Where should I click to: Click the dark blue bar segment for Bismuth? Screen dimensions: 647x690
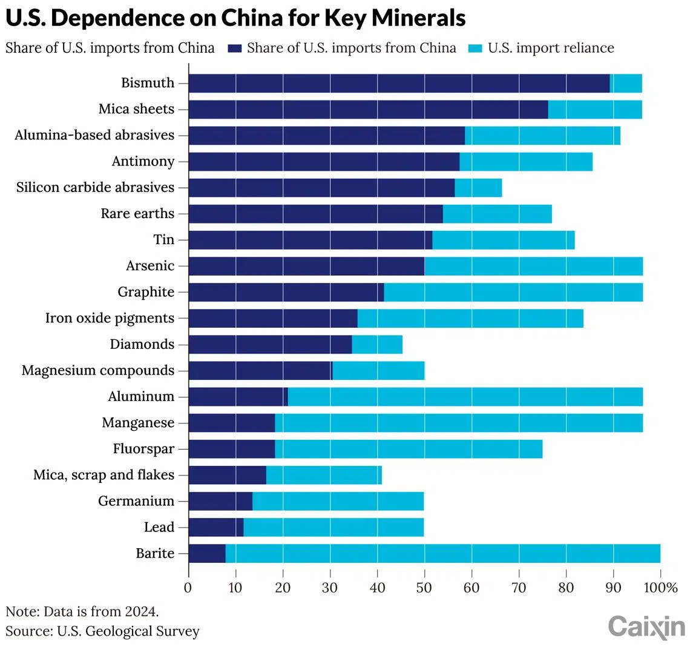click(399, 83)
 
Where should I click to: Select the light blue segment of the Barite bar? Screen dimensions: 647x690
click(442, 554)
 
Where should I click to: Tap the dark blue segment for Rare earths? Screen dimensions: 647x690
click(315, 214)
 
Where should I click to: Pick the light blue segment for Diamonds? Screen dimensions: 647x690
click(377, 345)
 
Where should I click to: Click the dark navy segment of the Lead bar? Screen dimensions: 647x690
click(216, 528)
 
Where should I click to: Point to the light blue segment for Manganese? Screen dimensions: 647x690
click(459, 423)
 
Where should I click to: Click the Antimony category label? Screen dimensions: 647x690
click(143, 162)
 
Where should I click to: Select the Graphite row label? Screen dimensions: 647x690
click(146, 293)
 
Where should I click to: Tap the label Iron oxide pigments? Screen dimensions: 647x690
click(110, 319)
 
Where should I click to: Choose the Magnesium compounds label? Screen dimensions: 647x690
click(98, 371)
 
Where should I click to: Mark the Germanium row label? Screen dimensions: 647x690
click(136, 502)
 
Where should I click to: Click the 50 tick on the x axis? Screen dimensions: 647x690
click(424, 587)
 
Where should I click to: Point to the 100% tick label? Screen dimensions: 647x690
click(660, 587)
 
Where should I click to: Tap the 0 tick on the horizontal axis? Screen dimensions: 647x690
click(188, 587)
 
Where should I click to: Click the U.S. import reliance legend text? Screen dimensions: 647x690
click(551, 48)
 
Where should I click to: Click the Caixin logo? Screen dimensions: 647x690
click(646, 626)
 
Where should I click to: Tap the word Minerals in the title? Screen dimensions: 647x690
click(412, 19)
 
